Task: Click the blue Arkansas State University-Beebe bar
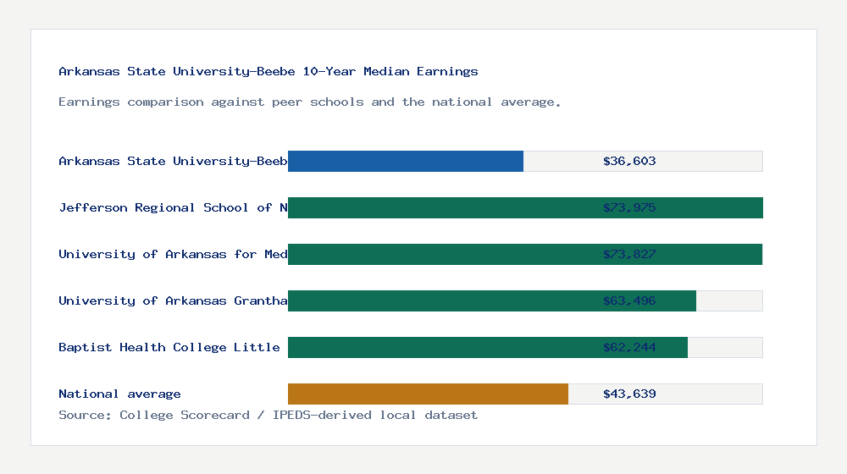406,161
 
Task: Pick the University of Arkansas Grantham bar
440,300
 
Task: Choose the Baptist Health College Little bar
440,347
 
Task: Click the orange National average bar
428,394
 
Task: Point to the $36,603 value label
629,161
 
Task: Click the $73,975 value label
629,207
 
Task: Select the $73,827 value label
629,254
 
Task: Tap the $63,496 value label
629,300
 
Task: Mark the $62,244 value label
629,347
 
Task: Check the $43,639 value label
629,394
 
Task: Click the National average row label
119,394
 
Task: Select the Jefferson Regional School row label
173,207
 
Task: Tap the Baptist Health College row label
169,347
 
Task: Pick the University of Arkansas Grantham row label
173,300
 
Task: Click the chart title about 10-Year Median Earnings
268,71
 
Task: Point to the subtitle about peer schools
310,102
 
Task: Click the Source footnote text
268,415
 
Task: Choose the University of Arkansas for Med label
173,254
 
